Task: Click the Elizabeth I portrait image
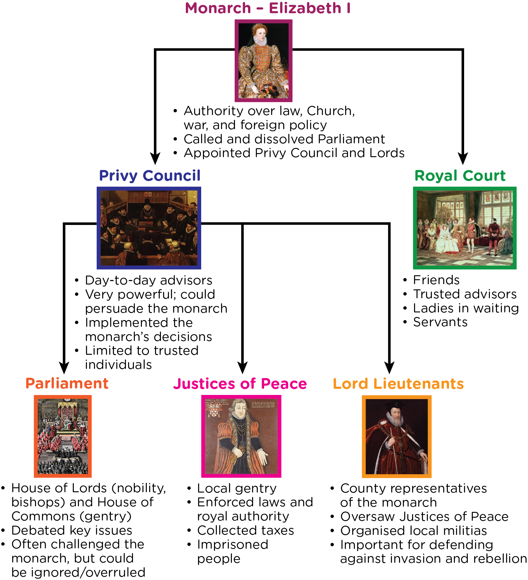pos(263,61)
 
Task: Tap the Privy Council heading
pos(150,176)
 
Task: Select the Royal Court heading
pos(460,176)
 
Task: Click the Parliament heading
pos(67,384)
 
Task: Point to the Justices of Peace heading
pos(240,384)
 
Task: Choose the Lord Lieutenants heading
pos(398,384)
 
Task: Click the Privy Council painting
pos(149,228)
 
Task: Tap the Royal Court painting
pos(465,228)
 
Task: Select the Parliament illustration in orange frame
pos(63,436)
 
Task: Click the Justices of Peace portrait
pos(241,436)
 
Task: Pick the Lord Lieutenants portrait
pos(397,436)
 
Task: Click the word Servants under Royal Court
pos(440,322)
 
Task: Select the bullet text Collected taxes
pos(245,530)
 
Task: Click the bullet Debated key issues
pos(72,530)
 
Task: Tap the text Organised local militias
pos(413,531)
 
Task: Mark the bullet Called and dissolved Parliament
pos(284,139)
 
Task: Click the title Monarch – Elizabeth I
pos(268,8)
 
